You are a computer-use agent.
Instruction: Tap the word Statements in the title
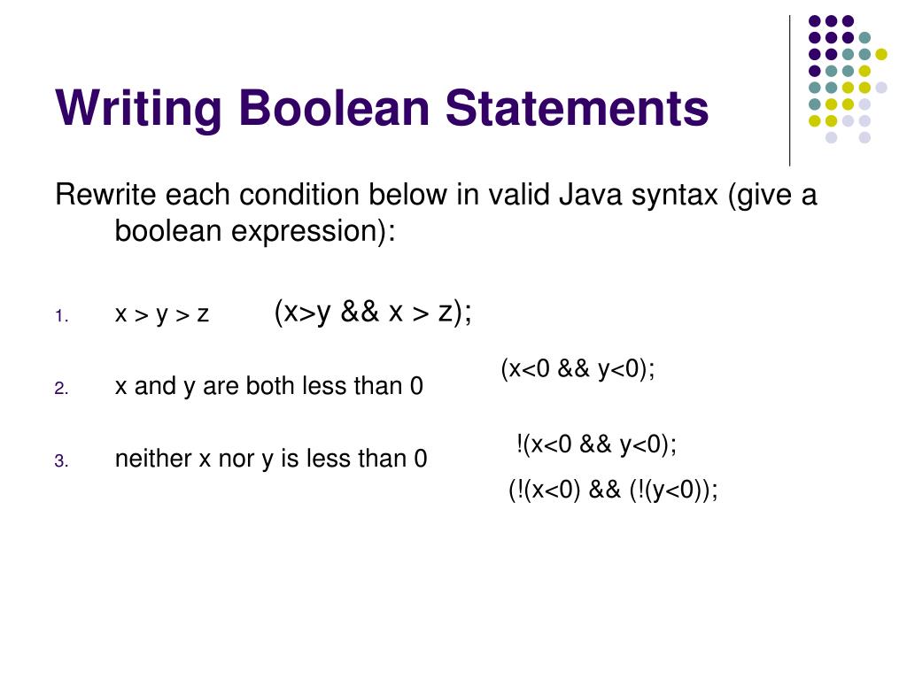[x=577, y=109]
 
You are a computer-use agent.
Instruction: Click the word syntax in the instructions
[x=674, y=195]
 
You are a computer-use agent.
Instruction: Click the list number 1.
[x=60, y=317]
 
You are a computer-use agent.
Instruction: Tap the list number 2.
[x=60, y=389]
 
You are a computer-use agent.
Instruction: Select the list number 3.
[x=60, y=460]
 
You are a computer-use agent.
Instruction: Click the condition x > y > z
[x=162, y=314]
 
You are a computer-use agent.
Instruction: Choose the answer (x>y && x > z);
[x=373, y=313]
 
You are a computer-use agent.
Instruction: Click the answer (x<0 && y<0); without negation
[x=578, y=369]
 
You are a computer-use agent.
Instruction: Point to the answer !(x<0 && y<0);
[x=595, y=444]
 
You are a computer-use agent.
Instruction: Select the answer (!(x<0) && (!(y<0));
[x=613, y=490]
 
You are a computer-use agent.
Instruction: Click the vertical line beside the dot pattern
[x=790, y=89]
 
